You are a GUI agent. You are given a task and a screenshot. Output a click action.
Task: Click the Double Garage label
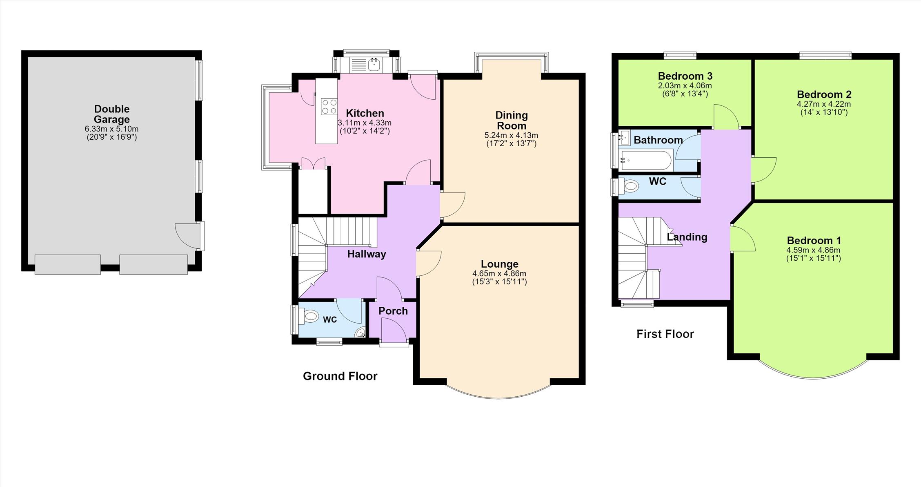(x=112, y=114)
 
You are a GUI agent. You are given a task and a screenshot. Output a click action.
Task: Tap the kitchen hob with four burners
(x=329, y=107)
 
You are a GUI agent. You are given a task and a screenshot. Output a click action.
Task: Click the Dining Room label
(x=512, y=121)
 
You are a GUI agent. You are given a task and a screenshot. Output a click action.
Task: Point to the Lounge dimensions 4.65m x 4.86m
(x=499, y=274)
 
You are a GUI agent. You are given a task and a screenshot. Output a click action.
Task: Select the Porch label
(x=393, y=311)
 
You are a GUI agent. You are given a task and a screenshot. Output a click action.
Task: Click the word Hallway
(x=367, y=254)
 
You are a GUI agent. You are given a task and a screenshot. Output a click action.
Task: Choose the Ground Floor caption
(x=340, y=376)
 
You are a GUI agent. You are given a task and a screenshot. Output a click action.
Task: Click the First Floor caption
(x=665, y=334)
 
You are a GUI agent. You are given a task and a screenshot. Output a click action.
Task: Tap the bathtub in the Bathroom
(x=646, y=160)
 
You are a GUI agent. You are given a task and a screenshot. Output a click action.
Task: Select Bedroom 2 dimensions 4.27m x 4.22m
(x=824, y=104)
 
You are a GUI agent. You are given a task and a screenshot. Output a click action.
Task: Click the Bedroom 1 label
(x=814, y=241)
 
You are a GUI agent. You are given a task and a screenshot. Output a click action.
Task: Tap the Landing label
(x=687, y=237)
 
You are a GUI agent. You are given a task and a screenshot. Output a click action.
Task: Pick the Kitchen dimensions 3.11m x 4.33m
(x=365, y=123)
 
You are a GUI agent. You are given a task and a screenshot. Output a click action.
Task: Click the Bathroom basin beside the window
(x=625, y=138)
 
